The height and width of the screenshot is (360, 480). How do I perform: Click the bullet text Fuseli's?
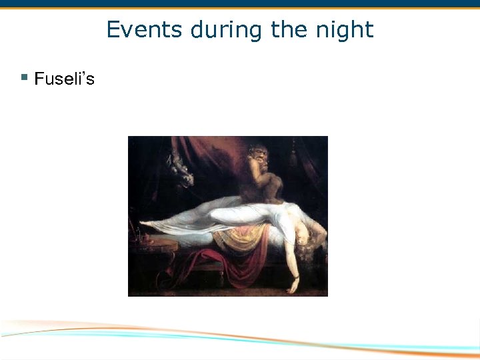pyautogui.click(x=64, y=79)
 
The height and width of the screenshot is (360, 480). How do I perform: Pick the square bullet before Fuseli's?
pyautogui.click(x=24, y=78)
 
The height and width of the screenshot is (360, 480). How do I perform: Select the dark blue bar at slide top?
pyautogui.click(x=240, y=3)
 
